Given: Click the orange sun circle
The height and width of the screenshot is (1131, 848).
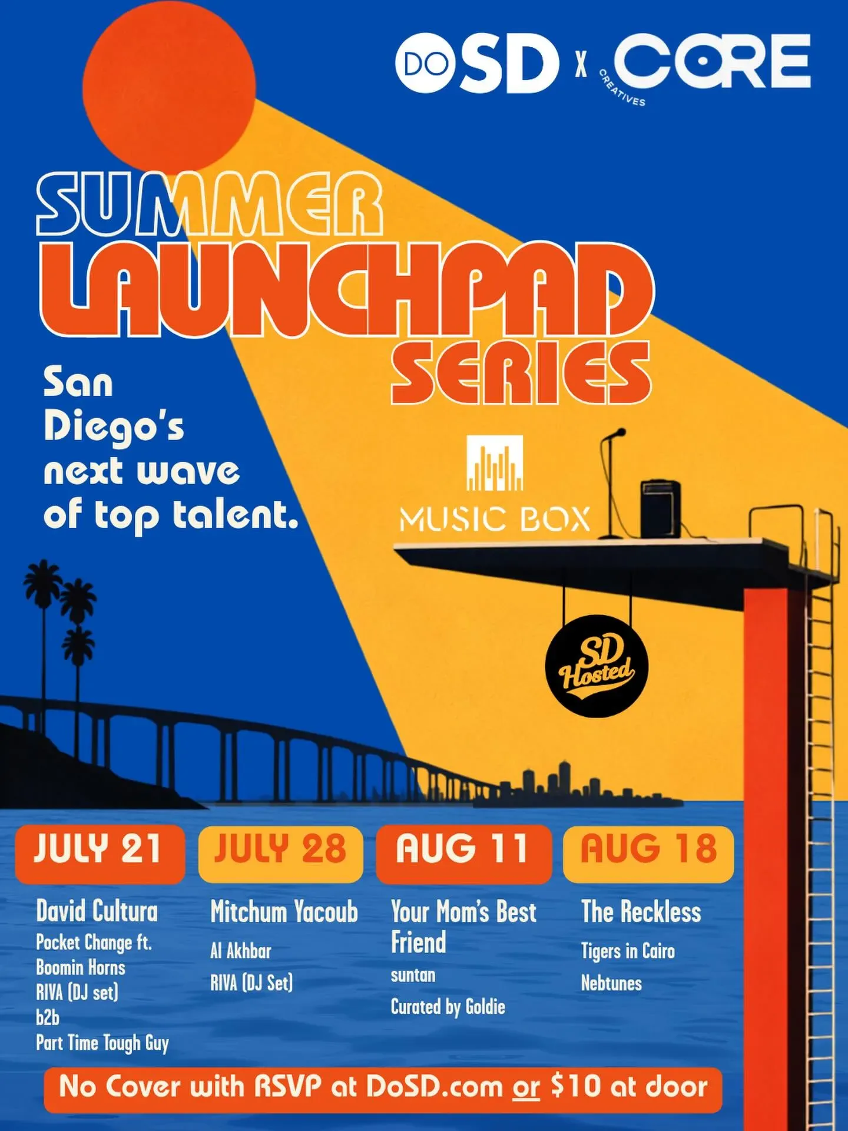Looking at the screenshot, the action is point(169,85).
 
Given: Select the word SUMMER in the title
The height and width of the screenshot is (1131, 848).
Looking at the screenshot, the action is point(210,204).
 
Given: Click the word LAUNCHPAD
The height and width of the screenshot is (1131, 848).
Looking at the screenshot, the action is point(347,288).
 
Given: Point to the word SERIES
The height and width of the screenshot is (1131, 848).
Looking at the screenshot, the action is point(521,372).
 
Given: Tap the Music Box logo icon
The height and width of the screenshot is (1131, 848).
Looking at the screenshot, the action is point(495,463).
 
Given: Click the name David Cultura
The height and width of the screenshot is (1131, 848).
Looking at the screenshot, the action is point(97,911).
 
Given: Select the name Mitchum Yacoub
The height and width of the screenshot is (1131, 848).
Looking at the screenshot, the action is point(284,912).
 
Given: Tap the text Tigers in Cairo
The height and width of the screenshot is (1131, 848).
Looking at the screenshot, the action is point(628,951).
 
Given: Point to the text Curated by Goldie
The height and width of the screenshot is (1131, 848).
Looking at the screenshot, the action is point(448,1007).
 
